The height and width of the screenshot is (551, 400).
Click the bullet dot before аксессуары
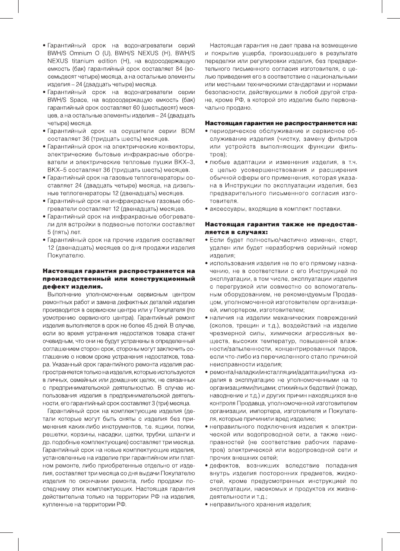(206, 210)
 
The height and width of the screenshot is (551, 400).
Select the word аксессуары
(227, 210)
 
